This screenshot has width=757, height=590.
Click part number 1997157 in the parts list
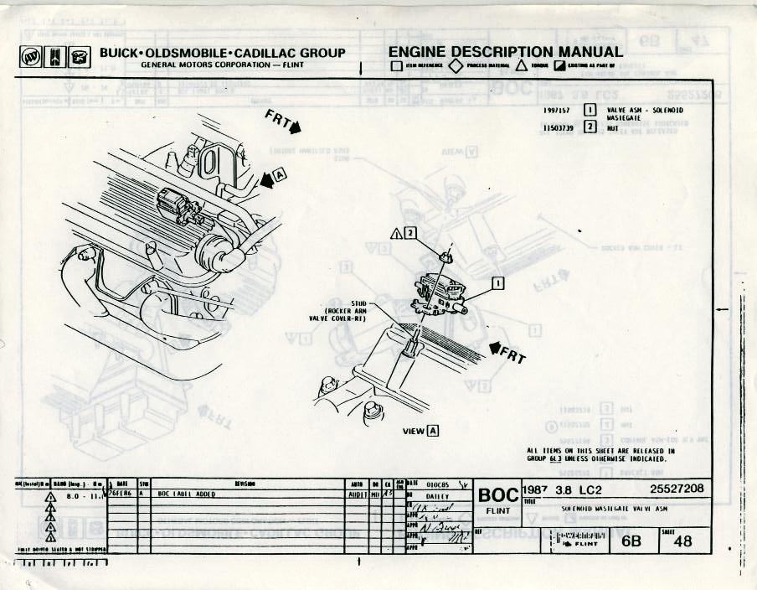(x=557, y=110)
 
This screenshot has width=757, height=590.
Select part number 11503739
(x=557, y=129)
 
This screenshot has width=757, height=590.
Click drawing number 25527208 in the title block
(x=677, y=489)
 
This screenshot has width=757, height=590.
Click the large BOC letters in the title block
(x=498, y=494)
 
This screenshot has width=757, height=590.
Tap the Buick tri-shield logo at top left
(x=30, y=57)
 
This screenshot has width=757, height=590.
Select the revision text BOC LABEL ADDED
(x=187, y=494)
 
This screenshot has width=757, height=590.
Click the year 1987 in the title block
(x=536, y=489)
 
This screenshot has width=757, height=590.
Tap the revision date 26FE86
(x=121, y=494)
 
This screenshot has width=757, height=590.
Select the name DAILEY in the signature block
(x=438, y=496)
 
